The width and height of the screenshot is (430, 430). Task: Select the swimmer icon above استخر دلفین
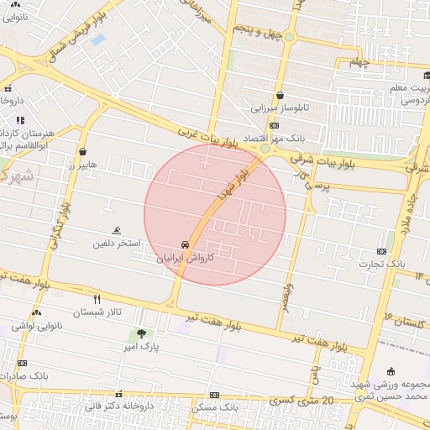[116, 231]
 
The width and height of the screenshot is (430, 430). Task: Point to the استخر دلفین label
[117, 244]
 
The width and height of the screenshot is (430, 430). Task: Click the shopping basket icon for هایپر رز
[82, 151]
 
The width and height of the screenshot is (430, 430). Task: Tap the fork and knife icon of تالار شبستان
[97, 299]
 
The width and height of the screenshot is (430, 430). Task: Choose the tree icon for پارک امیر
[140, 333]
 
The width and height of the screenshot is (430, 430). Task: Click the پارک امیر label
[140, 346]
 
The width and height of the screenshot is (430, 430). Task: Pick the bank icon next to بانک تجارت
[382, 250]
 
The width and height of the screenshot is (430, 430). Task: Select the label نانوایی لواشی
[35, 325]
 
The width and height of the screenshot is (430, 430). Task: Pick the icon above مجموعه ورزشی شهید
[391, 372]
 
